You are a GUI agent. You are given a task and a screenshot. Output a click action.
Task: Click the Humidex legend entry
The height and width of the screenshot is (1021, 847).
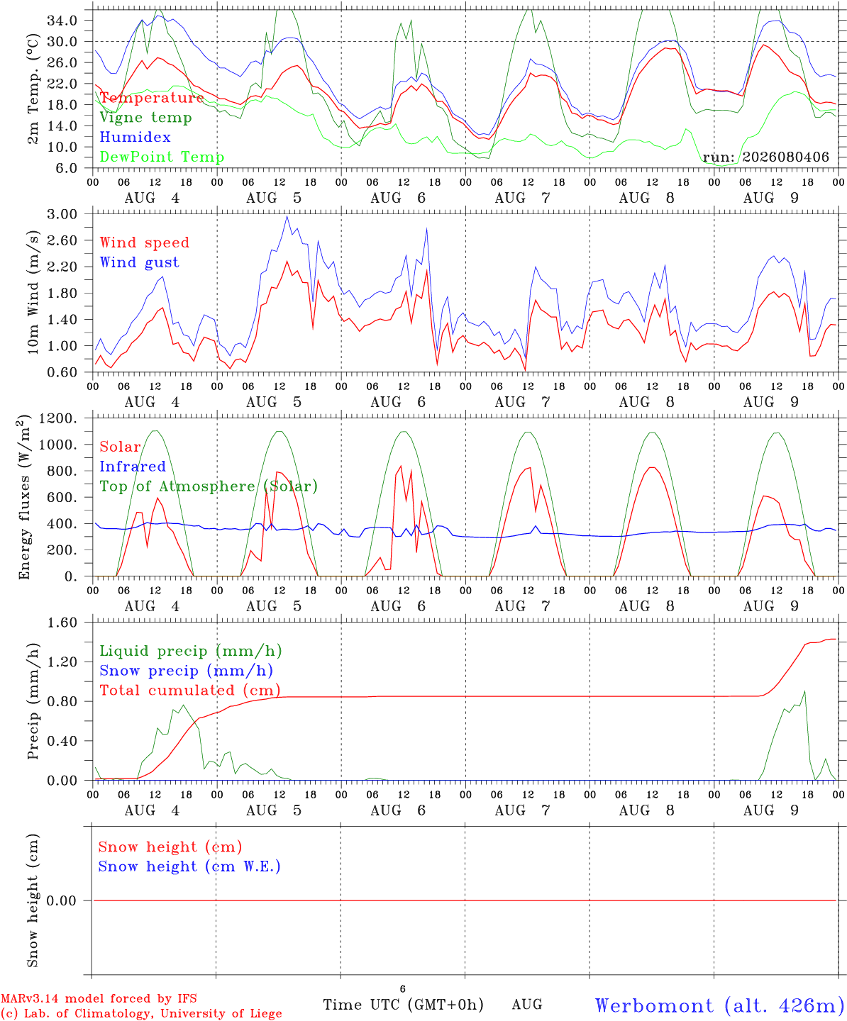pos(135,137)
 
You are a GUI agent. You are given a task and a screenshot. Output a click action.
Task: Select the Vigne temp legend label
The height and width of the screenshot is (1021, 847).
pos(145,118)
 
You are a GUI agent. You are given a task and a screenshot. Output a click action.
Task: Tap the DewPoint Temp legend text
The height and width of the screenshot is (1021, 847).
pos(162,157)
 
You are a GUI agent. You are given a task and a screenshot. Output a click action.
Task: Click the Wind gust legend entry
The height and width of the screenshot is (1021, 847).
pos(140,262)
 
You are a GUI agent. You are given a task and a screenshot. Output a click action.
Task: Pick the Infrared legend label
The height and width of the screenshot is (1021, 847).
pos(133,467)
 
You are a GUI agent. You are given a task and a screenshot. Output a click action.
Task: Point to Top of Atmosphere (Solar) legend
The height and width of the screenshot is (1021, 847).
pos(209,486)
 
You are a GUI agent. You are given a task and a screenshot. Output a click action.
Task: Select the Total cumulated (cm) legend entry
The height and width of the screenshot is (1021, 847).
pos(190,691)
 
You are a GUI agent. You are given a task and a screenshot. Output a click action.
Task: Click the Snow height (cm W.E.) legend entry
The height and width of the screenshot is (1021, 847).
pos(189,866)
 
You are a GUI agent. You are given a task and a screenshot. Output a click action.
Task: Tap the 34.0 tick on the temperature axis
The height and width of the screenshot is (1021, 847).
pos(62,21)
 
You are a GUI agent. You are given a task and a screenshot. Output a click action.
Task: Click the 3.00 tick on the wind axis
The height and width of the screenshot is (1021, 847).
pos(62,214)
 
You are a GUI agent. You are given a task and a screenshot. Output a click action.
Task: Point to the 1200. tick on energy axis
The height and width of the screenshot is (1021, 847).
pos(58,418)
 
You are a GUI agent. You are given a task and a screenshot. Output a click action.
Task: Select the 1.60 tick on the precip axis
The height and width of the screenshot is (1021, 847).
pos(62,623)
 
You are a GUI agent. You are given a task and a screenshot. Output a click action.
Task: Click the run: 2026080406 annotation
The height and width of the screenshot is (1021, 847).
pos(765,157)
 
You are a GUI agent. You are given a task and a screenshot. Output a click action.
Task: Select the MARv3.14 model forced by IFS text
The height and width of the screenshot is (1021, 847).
pos(99,998)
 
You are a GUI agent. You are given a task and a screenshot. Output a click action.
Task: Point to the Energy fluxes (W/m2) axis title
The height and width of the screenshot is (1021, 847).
pos(24,497)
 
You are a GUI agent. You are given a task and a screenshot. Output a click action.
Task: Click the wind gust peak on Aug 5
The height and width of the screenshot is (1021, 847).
pos(287,216)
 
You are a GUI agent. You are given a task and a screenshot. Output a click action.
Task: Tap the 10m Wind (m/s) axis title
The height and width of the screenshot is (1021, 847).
pos(33,292)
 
